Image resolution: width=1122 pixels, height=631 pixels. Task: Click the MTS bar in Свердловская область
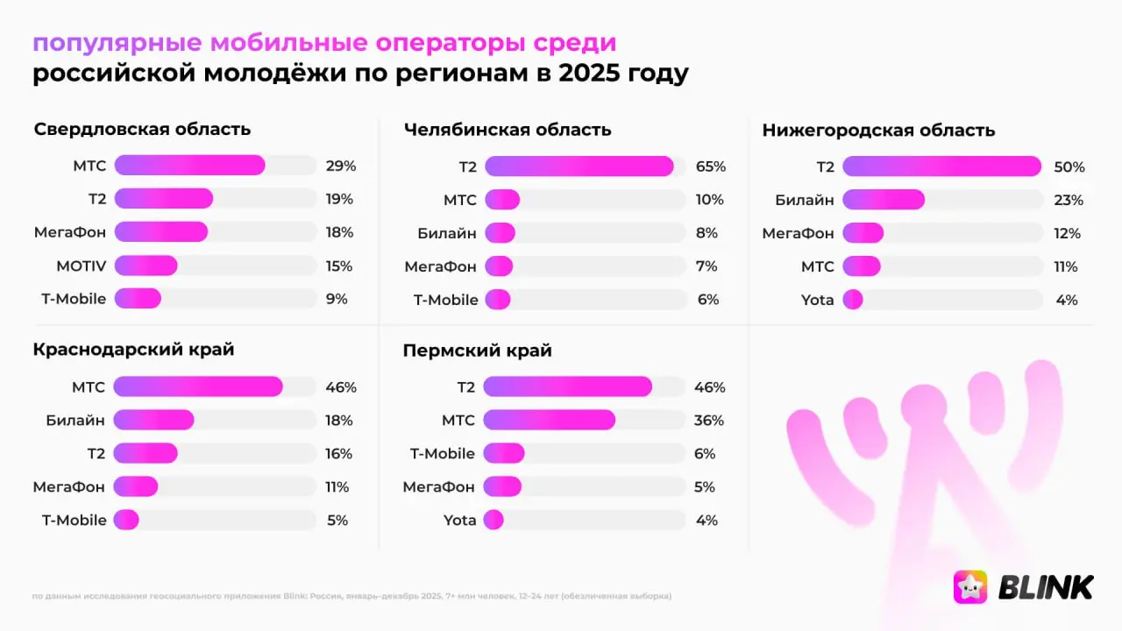(189, 166)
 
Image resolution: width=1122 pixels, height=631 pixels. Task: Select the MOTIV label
(81, 266)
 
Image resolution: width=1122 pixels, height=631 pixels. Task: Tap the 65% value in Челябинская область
(710, 167)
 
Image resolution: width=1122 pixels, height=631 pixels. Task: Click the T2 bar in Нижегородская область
(941, 167)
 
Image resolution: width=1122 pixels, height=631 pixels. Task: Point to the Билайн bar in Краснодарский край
(153, 420)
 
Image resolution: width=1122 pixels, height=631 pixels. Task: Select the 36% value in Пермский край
(708, 421)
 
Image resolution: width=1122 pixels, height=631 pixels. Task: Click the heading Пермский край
(477, 351)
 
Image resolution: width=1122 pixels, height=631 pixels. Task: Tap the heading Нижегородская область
(878, 131)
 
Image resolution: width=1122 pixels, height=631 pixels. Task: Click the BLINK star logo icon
(970, 586)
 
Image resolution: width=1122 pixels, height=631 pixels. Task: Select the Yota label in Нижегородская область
(817, 300)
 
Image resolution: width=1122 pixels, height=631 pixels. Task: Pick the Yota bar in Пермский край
(494, 520)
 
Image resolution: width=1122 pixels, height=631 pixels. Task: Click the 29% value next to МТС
(340, 166)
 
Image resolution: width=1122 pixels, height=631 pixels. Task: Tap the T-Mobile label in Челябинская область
(445, 300)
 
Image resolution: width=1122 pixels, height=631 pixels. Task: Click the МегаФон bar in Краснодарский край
(136, 486)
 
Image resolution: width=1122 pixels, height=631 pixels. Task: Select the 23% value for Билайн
(1069, 200)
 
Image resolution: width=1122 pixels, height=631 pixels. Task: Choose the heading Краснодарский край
(133, 350)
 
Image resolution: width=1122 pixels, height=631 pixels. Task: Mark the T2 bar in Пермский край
(567, 386)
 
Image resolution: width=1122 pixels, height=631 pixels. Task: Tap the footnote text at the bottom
(351, 596)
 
